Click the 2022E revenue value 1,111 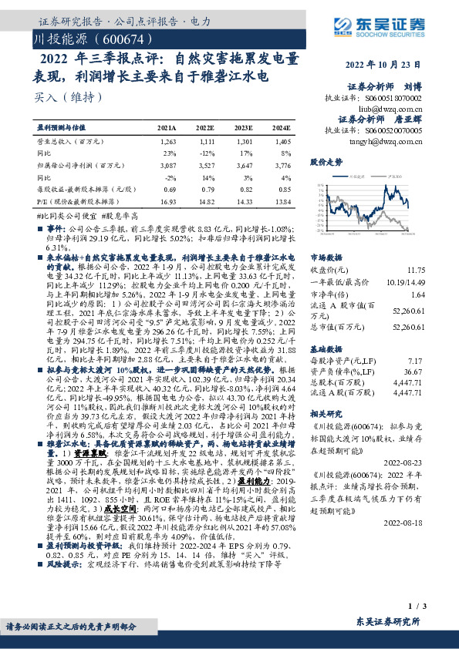click(x=206, y=143)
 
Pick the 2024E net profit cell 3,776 click(x=282, y=165)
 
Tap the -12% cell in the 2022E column click(x=208, y=154)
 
